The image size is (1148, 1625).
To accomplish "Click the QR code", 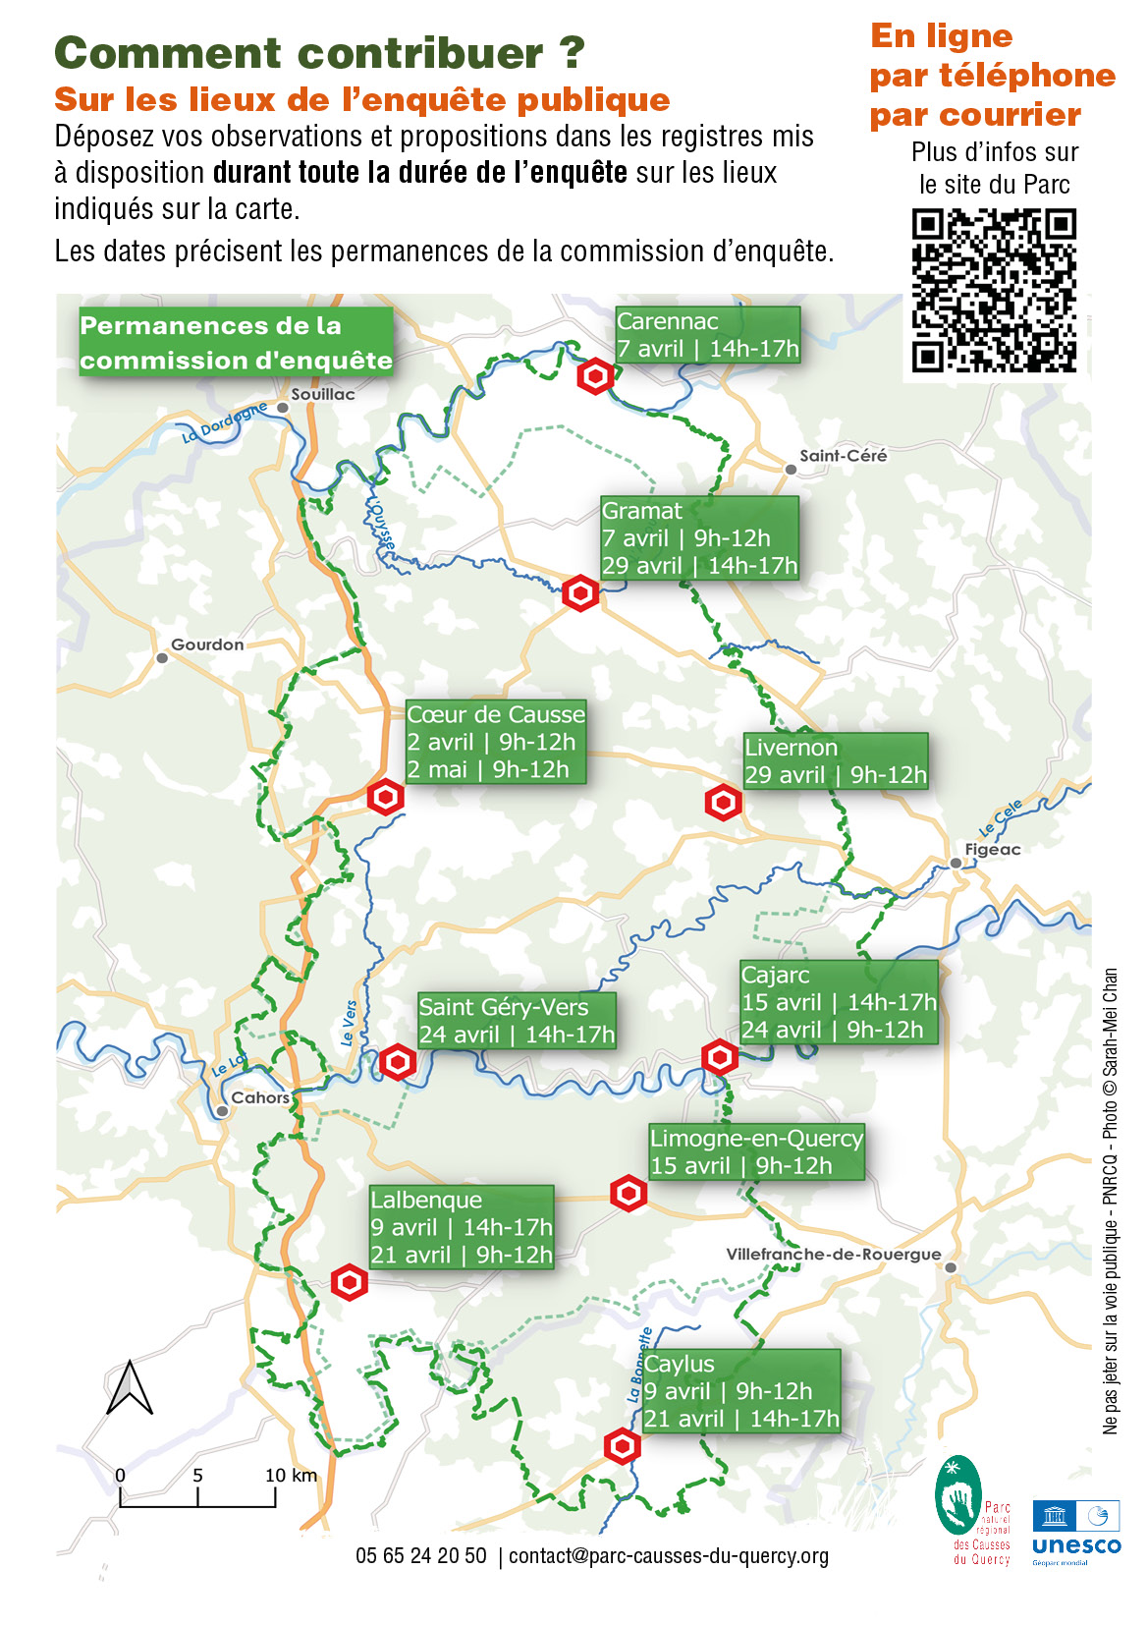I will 994,290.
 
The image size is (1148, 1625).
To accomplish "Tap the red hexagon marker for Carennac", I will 595,376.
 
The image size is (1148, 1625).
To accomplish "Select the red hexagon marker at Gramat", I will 580,593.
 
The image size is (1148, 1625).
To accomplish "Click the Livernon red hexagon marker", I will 724,803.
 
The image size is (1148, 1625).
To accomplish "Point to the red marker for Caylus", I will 622,1446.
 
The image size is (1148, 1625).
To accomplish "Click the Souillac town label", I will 323,394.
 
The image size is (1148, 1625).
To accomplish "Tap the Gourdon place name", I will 207,644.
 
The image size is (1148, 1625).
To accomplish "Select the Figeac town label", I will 992,849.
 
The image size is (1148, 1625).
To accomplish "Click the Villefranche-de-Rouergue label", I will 833,1254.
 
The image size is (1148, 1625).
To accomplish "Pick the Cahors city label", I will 260,1097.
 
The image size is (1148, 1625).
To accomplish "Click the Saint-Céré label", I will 843,455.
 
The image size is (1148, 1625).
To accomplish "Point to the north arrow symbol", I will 130,1387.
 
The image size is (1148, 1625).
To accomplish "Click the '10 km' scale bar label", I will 291,1475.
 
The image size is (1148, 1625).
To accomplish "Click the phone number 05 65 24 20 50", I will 420,1555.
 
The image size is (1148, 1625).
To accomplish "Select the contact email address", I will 669,1555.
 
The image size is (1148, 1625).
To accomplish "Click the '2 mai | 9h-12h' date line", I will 488,769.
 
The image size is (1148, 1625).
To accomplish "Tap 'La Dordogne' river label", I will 224,422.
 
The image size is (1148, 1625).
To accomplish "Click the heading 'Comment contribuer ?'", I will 320,53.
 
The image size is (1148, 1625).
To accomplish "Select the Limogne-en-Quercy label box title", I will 756,1138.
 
